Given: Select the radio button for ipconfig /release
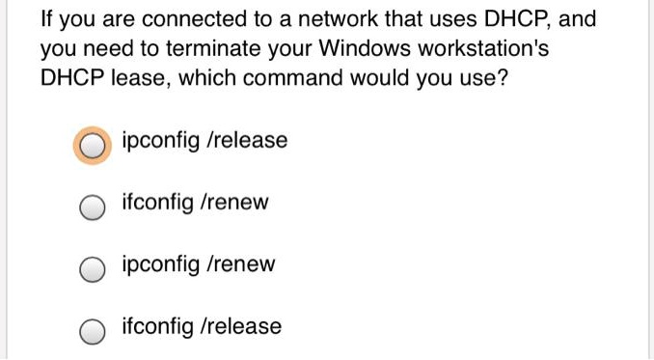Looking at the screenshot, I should [x=93, y=145].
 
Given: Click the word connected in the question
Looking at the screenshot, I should [x=164, y=19].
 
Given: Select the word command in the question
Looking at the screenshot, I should [x=295, y=78].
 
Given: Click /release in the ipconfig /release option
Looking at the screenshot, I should [x=247, y=141].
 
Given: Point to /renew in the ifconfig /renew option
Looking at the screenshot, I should [x=234, y=204].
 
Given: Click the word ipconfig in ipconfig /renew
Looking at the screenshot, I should [x=159, y=265].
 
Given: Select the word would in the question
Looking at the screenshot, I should [x=379, y=78].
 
